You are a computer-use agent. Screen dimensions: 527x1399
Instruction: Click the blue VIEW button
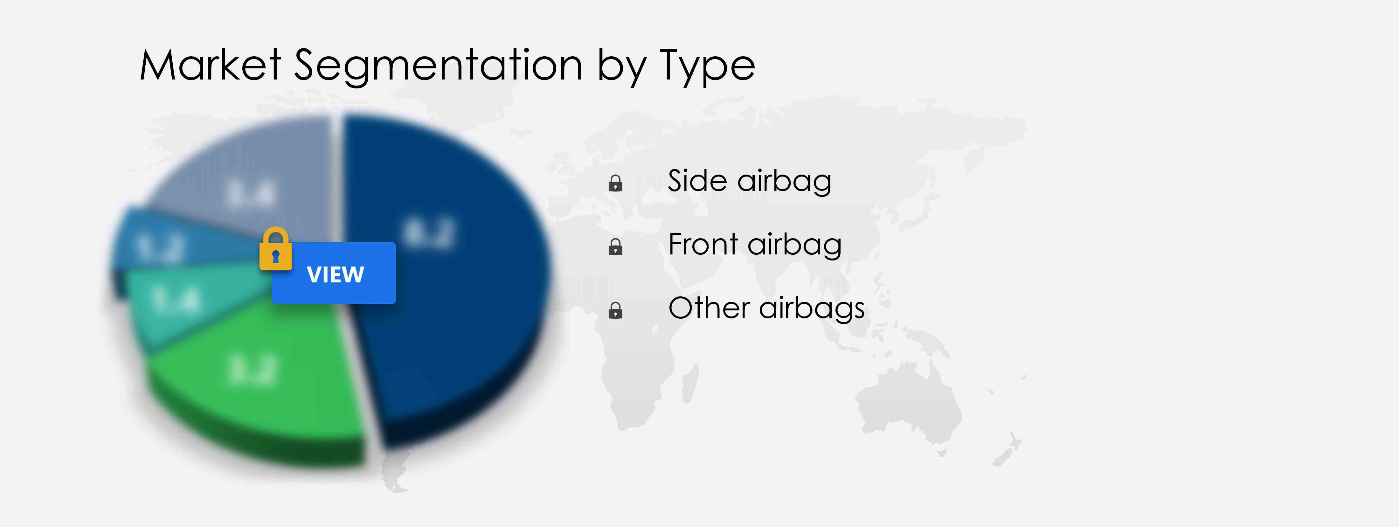pyautogui.click(x=334, y=273)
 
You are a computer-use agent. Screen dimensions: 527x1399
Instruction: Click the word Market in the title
pyautogui.click(x=210, y=65)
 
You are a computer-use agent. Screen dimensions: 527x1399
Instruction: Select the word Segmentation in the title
pyautogui.click(x=438, y=65)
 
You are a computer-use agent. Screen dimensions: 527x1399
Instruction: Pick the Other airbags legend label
pyautogui.click(x=766, y=309)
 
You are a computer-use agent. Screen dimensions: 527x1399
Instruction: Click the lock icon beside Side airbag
pyautogui.click(x=615, y=183)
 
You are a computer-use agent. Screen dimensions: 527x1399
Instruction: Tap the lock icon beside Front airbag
pyautogui.click(x=615, y=247)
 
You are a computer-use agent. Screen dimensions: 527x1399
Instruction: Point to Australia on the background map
pyautogui.click(x=907, y=402)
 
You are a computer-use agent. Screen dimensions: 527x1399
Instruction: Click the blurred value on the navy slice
pyautogui.click(x=429, y=234)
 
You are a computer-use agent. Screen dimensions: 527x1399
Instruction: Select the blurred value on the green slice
pyautogui.click(x=253, y=371)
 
